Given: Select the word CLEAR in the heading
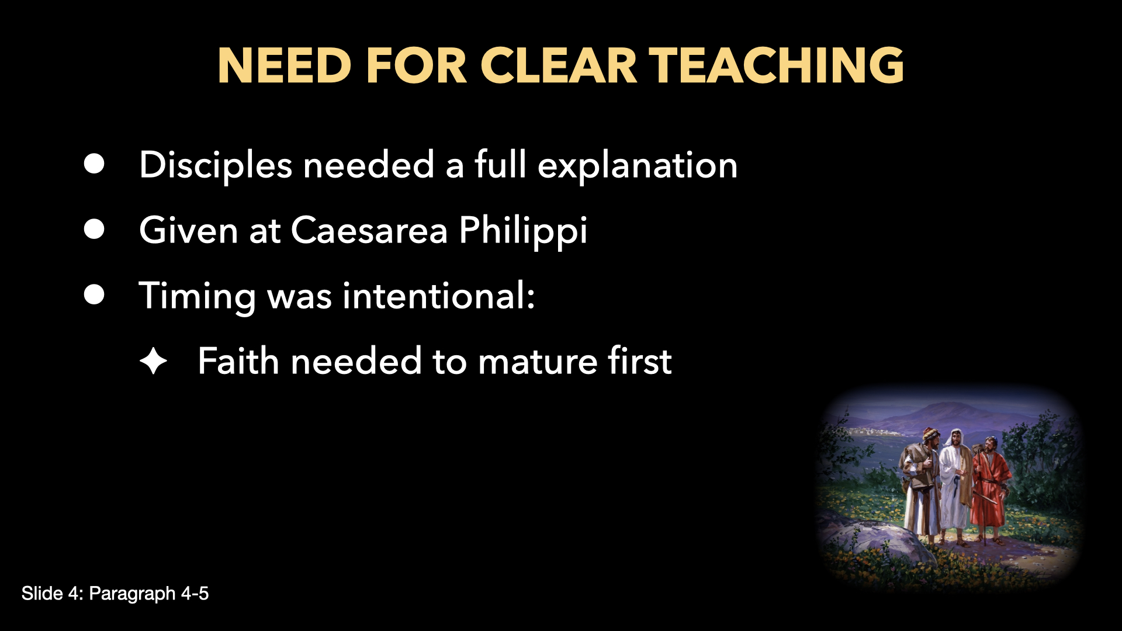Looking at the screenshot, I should [x=558, y=65].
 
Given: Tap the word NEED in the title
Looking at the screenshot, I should [x=284, y=65].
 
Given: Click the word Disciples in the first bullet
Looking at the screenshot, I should [x=215, y=165].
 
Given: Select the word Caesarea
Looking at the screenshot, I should [x=369, y=230].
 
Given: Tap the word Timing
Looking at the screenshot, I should [x=197, y=296].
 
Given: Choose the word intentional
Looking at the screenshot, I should [x=438, y=296].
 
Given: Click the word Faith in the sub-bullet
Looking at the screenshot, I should [x=238, y=361].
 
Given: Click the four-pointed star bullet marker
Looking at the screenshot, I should [x=154, y=361].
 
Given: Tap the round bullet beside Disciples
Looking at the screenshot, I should [x=94, y=164].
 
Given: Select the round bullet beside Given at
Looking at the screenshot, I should [x=94, y=230].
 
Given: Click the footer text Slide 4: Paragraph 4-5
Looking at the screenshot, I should [x=115, y=594].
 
